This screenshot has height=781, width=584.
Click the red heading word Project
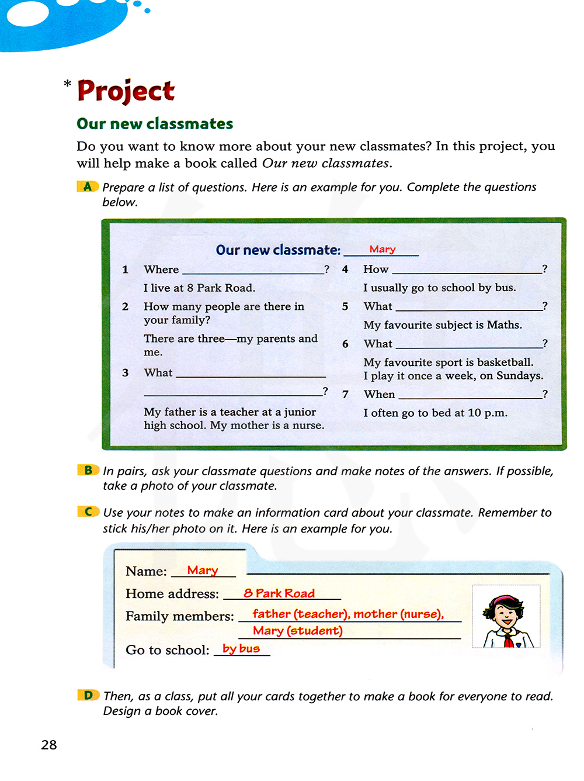(x=126, y=91)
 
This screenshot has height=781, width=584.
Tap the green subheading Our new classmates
(x=155, y=124)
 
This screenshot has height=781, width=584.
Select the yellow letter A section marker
(x=88, y=186)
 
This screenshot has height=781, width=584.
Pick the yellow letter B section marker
(x=88, y=470)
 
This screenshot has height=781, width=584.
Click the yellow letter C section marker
(x=88, y=512)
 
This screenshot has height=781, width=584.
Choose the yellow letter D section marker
(x=88, y=695)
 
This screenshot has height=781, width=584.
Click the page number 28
(x=49, y=745)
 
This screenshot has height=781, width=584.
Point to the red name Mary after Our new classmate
(x=383, y=249)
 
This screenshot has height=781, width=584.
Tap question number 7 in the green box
(x=345, y=395)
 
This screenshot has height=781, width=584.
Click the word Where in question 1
(x=161, y=269)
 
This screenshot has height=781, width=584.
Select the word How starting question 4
(x=376, y=269)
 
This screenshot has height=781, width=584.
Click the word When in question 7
(x=379, y=395)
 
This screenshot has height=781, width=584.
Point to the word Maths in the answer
(x=504, y=325)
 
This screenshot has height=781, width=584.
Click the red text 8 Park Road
(x=279, y=593)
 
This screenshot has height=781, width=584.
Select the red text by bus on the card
(x=241, y=648)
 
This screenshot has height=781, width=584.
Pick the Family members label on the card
(x=179, y=616)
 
